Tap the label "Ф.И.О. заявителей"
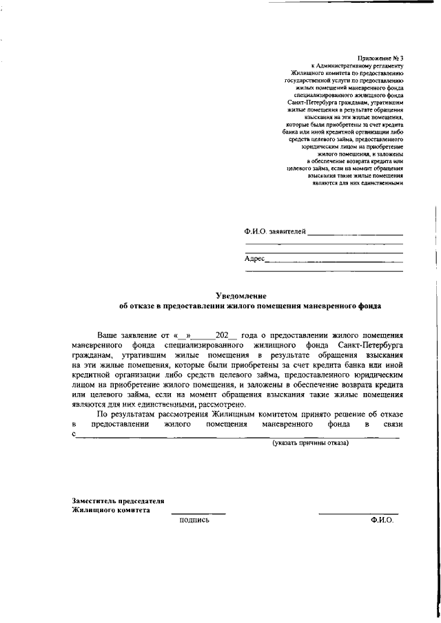point(275,232)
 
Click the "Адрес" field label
point(254,259)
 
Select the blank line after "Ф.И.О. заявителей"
point(355,235)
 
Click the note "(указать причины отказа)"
point(310,443)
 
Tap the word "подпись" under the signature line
point(194,520)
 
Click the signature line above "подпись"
point(198,513)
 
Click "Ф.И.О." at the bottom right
point(381,520)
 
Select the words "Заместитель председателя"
point(118,501)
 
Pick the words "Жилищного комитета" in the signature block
point(110,511)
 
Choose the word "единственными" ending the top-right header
point(382,183)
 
